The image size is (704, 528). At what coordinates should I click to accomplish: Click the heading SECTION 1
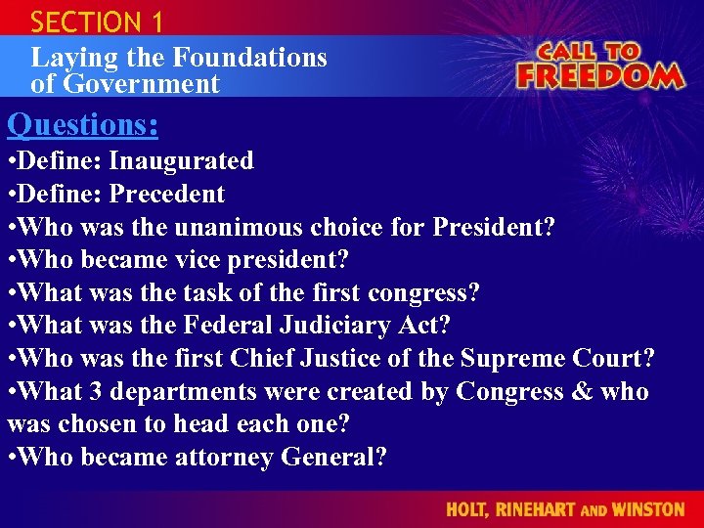click(x=97, y=21)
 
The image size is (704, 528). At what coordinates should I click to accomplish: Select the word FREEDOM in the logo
click(x=598, y=75)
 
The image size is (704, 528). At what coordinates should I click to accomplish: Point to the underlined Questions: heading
click(x=83, y=125)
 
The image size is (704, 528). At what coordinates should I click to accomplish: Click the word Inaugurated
click(x=181, y=160)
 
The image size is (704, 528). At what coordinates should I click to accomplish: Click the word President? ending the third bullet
click(x=494, y=227)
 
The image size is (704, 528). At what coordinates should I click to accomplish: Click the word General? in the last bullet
click(x=333, y=457)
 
